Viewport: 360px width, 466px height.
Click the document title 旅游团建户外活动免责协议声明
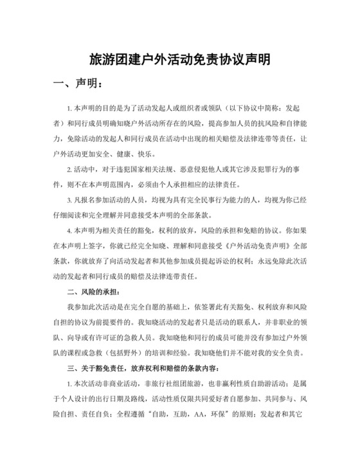click(179, 59)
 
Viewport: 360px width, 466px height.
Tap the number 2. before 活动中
click(69, 170)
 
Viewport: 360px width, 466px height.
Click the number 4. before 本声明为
click(69, 230)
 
